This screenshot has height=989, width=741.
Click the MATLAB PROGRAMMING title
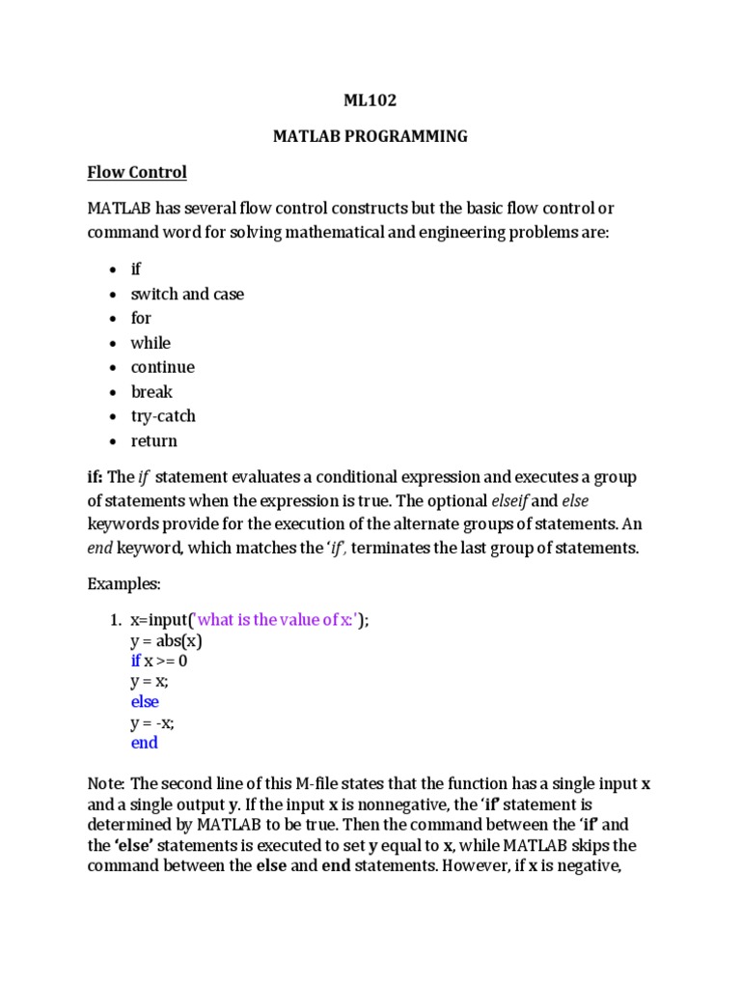pos(370,136)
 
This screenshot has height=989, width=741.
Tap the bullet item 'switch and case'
pos(187,294)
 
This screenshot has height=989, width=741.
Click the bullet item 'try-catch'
pos(163,416)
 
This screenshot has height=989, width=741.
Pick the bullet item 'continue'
pos(162,367)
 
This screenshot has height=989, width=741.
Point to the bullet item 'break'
pos(152,392)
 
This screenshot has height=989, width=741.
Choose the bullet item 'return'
pos(154,441)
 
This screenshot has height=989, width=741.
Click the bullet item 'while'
pos(151,343)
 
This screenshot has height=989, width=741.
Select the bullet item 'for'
pos(141,318)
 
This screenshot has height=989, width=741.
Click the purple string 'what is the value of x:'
pos(276,620)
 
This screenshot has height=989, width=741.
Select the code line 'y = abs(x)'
pos(166,640)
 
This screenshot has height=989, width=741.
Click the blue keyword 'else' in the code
pos(145,702)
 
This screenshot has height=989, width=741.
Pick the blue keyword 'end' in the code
pos(144,743)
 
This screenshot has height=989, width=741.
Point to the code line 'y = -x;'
pos(153,722)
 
